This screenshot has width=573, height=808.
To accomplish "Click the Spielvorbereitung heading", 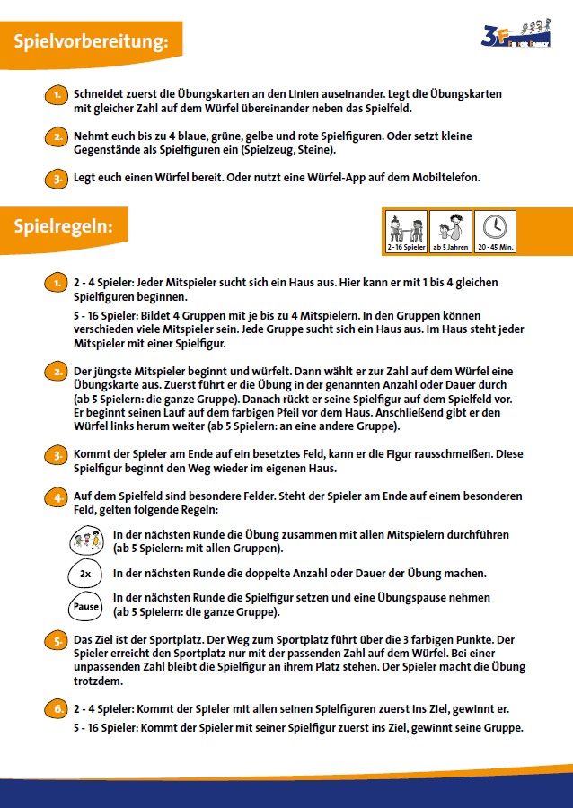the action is (x=91, y=41).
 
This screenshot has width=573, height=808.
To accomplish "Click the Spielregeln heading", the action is (x=63, y=226).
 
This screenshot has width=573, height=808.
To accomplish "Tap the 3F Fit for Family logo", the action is (x=516, y=34).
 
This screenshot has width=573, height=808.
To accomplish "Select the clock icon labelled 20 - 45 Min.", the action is (x=495, y=232).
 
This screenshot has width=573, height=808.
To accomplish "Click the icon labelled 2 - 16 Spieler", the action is (x=407, y=232).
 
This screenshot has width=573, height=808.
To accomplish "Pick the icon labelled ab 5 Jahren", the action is (x=451, y=232).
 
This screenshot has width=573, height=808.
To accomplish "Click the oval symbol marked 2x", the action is (x=85, y=574).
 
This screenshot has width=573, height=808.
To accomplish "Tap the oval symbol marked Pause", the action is (x=85, y=607).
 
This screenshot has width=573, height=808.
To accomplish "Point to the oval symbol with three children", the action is (x=85, y=540).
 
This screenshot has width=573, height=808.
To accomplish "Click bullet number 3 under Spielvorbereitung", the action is (x=57, y=179).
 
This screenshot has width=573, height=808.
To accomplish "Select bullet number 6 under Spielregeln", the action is (x=57, y=709).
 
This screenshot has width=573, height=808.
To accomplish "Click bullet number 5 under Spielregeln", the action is (x=57, y=640).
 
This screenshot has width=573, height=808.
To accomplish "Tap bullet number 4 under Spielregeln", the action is (x=57, y=497).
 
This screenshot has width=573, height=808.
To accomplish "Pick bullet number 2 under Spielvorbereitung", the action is (x=57, y=137).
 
